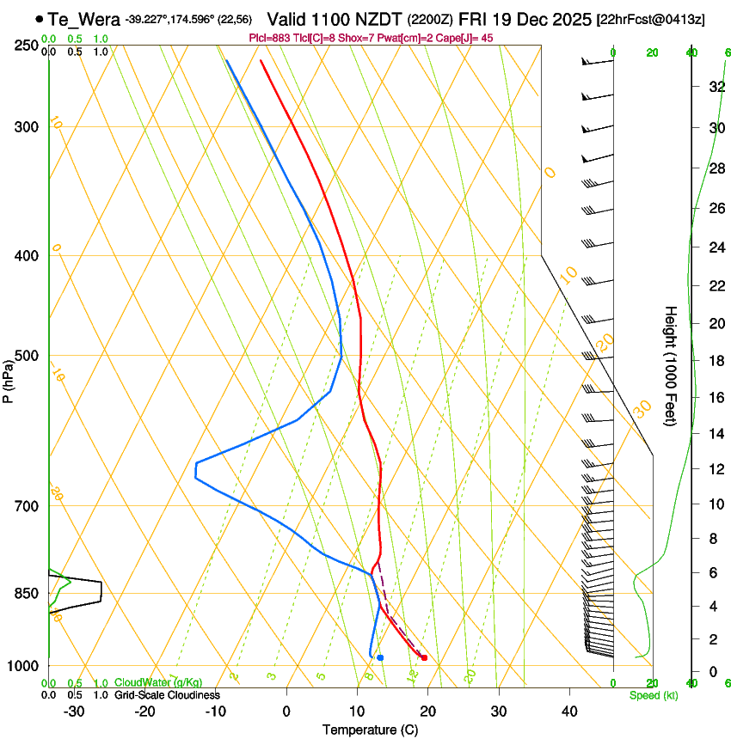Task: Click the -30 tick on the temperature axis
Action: coord(74,711)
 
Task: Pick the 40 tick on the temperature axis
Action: coord(569,711)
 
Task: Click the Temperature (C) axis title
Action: coord(370,730)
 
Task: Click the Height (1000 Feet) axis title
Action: coord(671,365)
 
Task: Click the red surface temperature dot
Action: coord(424,658)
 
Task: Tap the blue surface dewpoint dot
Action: coord(380,657)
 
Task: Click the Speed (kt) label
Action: coord(653,695)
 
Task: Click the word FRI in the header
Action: coord(472,19)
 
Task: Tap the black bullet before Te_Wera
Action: coord(40,19)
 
